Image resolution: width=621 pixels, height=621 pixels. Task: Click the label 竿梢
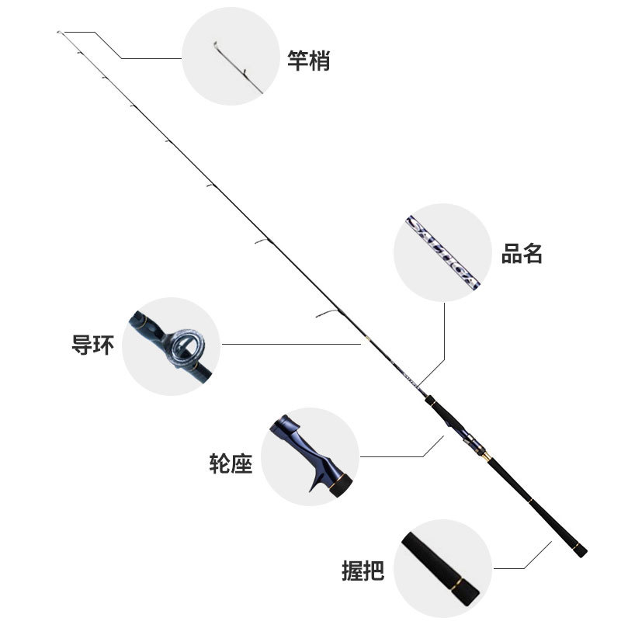click(308, 61)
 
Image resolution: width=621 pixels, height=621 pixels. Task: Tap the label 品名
click(522, 254)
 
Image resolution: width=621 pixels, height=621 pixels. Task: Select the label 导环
click(92, 344)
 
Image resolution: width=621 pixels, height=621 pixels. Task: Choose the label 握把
click(363, 571)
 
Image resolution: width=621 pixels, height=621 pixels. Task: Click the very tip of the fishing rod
click(60, 32)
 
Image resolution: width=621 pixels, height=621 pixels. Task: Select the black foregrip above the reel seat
click(439, 408)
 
